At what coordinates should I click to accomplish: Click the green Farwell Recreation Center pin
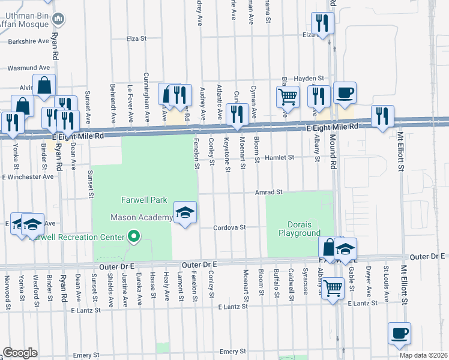pos(134,238)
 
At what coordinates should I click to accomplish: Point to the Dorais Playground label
pos(300,229)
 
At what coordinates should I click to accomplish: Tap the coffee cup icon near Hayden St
pos(345,93)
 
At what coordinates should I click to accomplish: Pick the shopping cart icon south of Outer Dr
pos(333,287)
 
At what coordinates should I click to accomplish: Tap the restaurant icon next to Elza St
pos(323,23)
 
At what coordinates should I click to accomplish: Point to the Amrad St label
pos(268,192)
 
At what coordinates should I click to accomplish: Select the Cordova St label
pos(231,227)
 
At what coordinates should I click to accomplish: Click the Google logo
pos(20,353)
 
